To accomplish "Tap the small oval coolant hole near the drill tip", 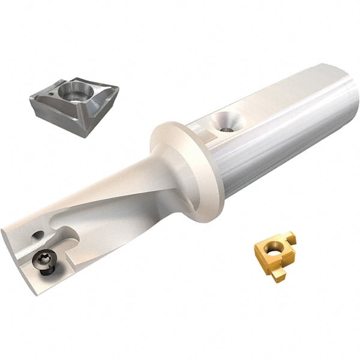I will coord(38,236).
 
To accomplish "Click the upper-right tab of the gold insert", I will coord(292,239).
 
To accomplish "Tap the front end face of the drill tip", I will coord(18,252).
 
